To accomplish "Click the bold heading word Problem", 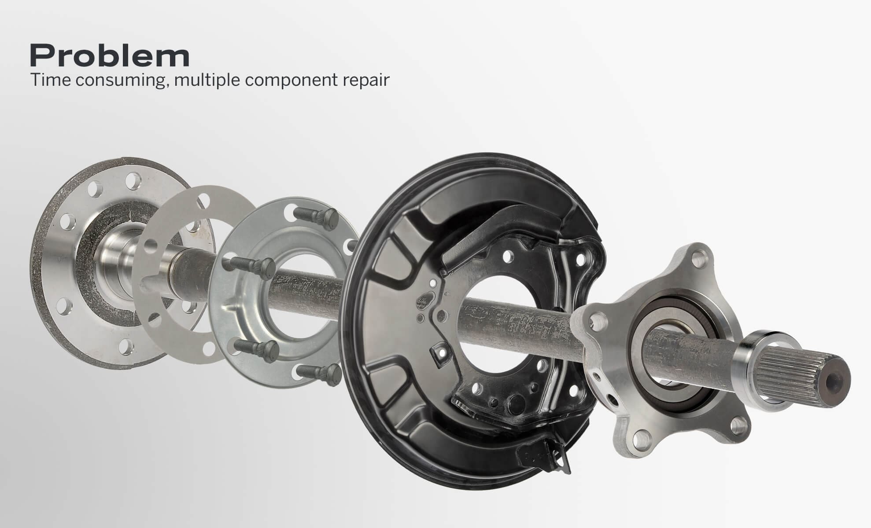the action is pos(110,56).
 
